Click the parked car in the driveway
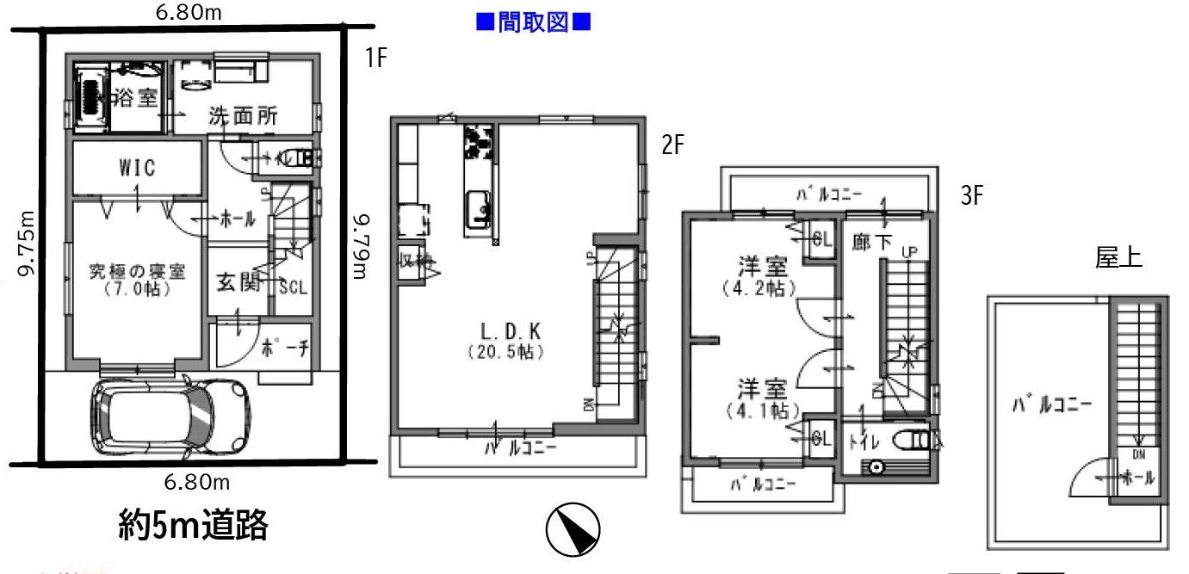(170, 415)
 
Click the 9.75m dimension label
(26, 244)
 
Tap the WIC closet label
(138, 168)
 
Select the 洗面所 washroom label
(244, 117)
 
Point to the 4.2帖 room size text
(759, 289)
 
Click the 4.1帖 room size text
(759, 409)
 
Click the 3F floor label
(971, 196)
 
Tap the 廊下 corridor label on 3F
(870, 243)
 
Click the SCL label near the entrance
(293, 287)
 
